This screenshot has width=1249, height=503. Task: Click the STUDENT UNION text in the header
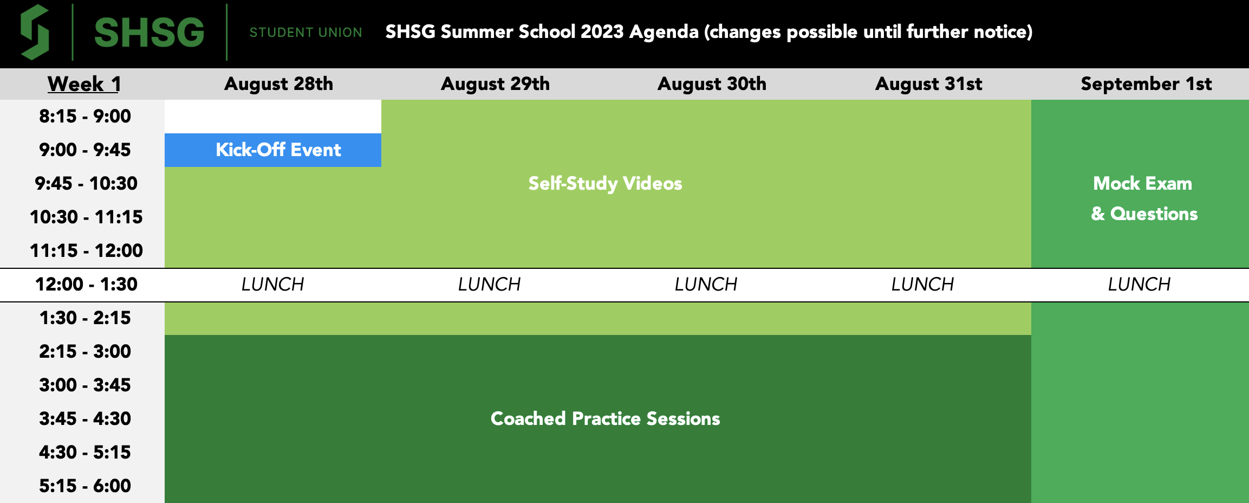[305, 33]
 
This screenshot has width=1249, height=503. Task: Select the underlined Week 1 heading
[84, 84]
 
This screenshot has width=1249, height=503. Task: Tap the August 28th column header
[278, 84]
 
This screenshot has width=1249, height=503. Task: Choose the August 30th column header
[712, 84]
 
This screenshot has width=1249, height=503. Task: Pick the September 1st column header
[1146, 84]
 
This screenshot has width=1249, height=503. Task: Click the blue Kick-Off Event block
[278, 150]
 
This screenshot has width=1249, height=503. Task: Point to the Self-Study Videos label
[605, 183]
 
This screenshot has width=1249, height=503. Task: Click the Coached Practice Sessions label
[605, 418]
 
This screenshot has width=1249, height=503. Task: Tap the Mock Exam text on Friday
[1142, 183]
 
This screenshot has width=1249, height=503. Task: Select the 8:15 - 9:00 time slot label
[84, 116]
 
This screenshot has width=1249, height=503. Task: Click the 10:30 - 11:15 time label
[86, 217]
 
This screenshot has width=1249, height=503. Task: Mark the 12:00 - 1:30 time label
[86, 284]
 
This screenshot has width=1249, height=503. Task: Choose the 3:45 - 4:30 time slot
[84, 418]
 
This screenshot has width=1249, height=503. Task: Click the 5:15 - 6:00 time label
[84, 486]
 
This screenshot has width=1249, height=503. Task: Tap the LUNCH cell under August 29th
[489, 284]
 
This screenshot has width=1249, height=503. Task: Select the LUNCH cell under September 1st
[1139, 284]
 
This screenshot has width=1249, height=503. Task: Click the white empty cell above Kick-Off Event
[273, 116]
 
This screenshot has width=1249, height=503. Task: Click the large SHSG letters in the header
[149, 33]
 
